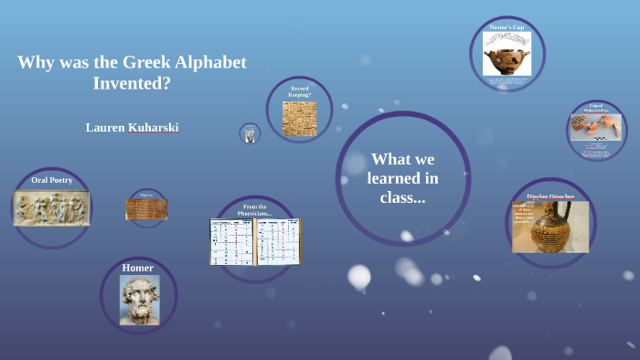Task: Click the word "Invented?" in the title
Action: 132,83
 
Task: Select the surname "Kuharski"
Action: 154,127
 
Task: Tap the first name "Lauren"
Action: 104,127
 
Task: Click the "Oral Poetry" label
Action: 51,180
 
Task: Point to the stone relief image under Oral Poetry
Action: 51,207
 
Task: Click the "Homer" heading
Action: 138,268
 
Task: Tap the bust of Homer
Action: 139,300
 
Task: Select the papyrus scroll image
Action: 146,209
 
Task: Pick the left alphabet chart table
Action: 231,241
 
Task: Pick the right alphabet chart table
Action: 279,241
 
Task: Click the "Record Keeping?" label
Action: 300,91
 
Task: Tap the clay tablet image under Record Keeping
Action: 299,119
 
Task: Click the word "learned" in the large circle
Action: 402,178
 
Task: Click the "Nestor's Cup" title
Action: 507,28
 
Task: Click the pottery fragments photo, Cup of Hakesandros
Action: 596,128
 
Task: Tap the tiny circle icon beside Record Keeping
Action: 250,134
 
